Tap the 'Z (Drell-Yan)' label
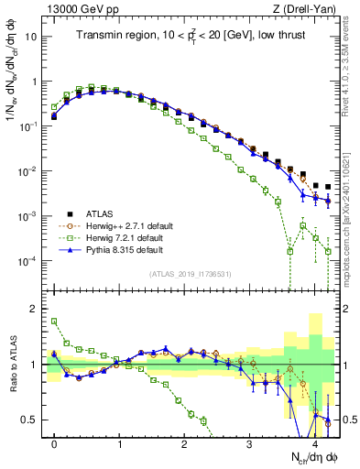308,9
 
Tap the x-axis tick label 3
250,442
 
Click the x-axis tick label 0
55,442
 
